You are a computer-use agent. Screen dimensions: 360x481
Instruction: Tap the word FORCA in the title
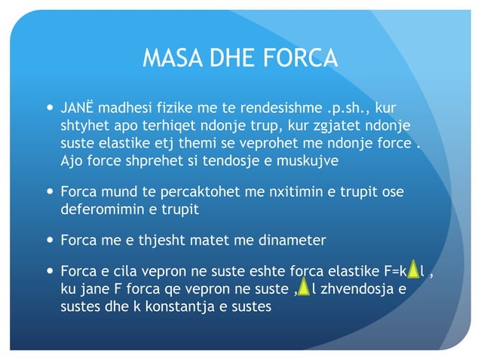(x=299, y=58)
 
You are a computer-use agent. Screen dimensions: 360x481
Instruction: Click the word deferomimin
(x=97, y=209)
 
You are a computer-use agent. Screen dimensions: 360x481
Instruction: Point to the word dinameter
(x=295, y=240)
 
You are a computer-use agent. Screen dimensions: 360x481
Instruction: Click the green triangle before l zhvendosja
(x=303, y=288)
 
